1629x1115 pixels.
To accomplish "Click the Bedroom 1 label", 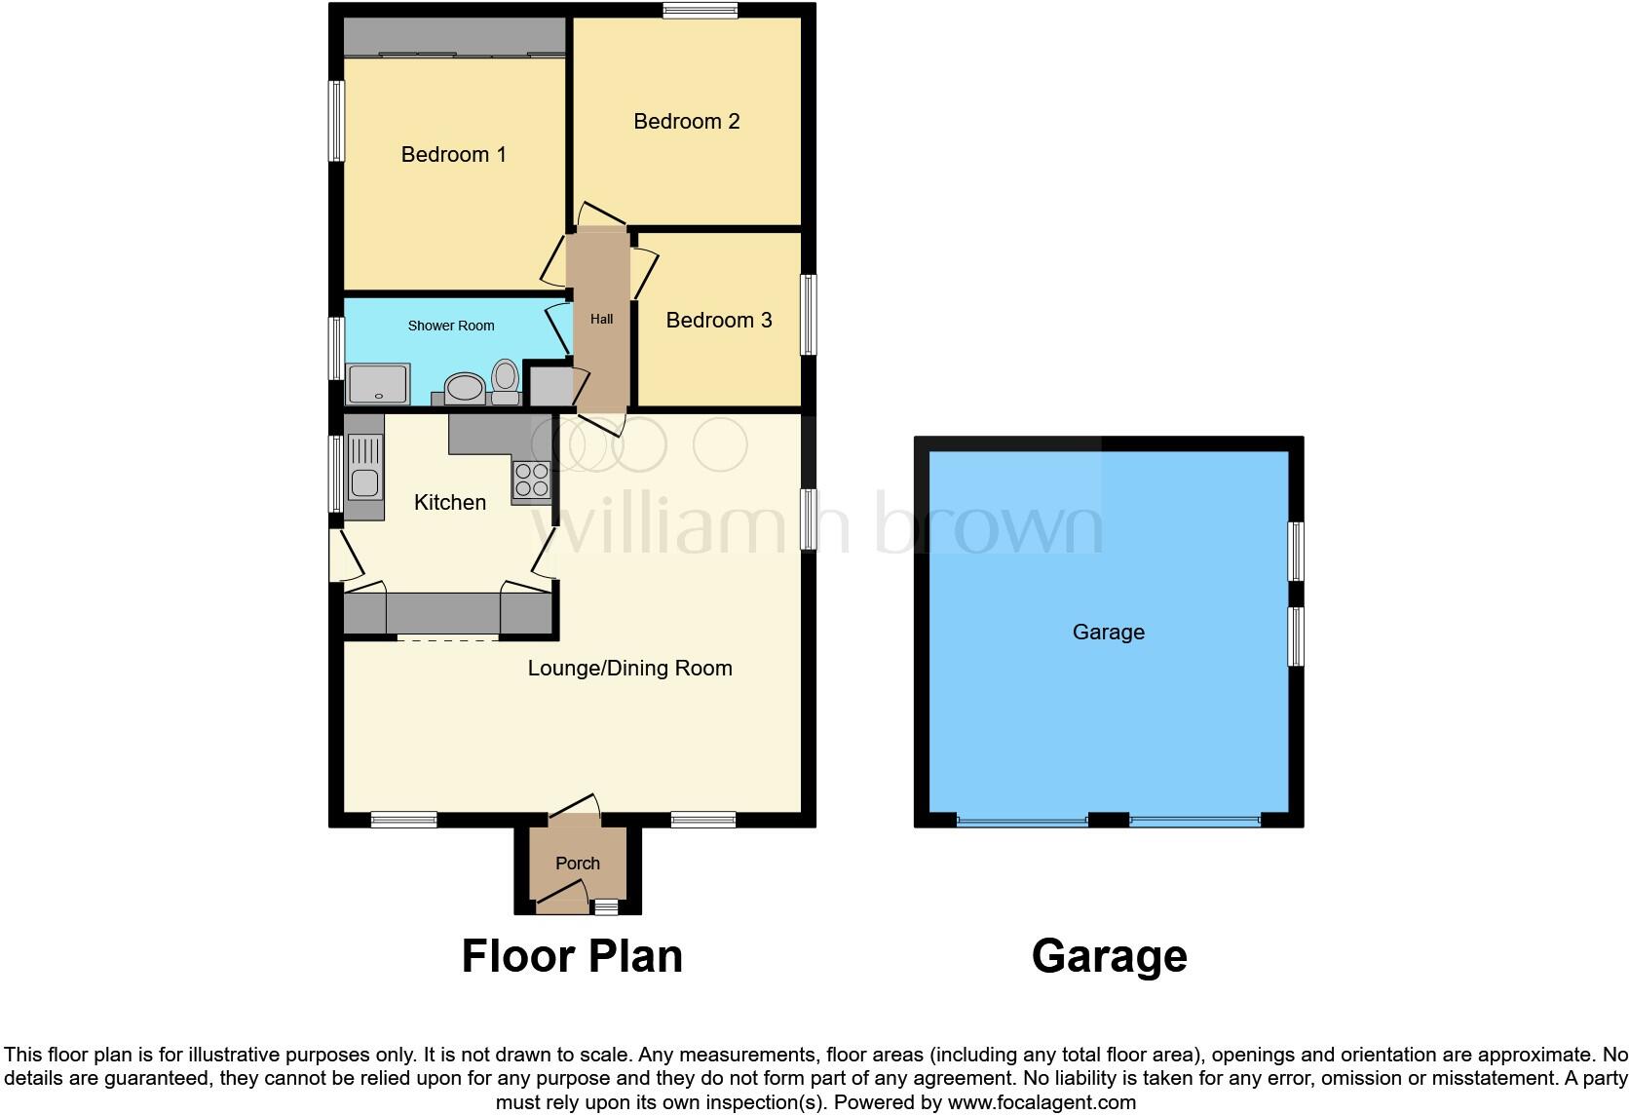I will [x=454, y=154].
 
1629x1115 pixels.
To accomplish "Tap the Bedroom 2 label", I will [x=687, y=121].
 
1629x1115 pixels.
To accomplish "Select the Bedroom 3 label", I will [x=719, y=320].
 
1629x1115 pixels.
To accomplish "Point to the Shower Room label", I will [x=451, y=326].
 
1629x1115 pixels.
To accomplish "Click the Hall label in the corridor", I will [x=601, y=319].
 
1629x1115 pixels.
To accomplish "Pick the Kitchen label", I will [x=450, y=502].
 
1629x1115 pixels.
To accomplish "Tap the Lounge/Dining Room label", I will [x=630, y=668].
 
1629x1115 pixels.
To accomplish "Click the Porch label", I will [x=578, y=863].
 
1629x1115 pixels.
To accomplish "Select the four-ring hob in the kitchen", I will [x=531, y=480].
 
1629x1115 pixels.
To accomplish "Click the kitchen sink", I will [x=365, y=468].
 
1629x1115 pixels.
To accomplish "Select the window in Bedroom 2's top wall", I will [x=700, y=11].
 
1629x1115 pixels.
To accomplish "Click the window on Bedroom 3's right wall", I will [x=809, y=315].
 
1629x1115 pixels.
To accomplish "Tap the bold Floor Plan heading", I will [x=572, y=956].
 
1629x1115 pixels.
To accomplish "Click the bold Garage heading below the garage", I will [x=1109, y=956].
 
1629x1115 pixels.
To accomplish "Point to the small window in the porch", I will [x=606, y=907].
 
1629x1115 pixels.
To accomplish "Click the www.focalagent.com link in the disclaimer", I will [x=1042, y=1103].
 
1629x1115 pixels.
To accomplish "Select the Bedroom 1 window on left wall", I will [x=336, y=121].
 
